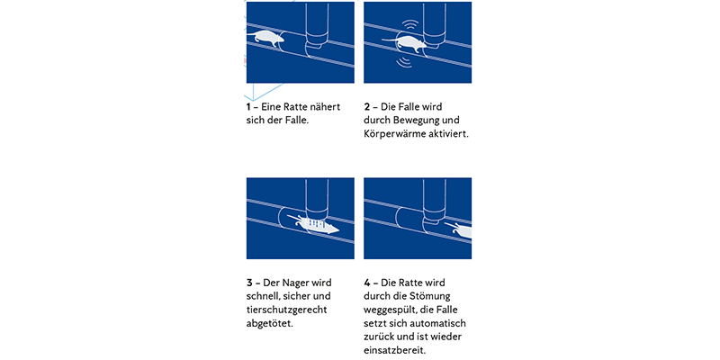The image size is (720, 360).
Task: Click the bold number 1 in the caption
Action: [x=248, y=106]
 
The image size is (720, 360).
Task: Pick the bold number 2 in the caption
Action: [x=367, y=106]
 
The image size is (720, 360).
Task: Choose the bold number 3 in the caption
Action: [x=249, y=282]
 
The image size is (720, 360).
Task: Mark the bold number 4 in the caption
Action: [x=367, y=282]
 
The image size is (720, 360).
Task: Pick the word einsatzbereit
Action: [x=395, y=349]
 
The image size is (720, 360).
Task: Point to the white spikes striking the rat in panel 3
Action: [x=315, y=221]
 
